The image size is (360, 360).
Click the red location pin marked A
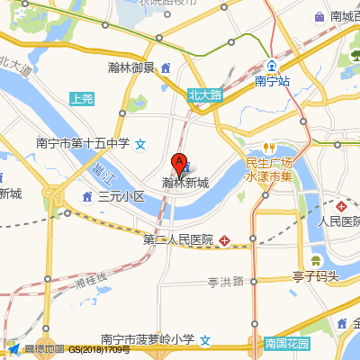click(x=179, y=165)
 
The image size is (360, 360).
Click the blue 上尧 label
click(x=82, y=99)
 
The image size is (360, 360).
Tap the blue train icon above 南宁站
click(x=271, y=66)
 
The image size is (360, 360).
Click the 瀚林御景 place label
click(x=131, y=67)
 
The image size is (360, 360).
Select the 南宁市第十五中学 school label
click(x=83, y=143)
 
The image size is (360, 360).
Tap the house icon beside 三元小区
click(x=88, y=195)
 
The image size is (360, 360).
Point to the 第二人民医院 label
click(x=178, y=240)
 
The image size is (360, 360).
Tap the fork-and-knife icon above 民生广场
click(x=267, y=148)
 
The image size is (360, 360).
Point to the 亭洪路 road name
click(x=226, y=282)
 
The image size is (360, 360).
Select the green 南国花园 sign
click(x=286, y=344)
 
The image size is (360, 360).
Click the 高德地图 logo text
click(x=43, y=349)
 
